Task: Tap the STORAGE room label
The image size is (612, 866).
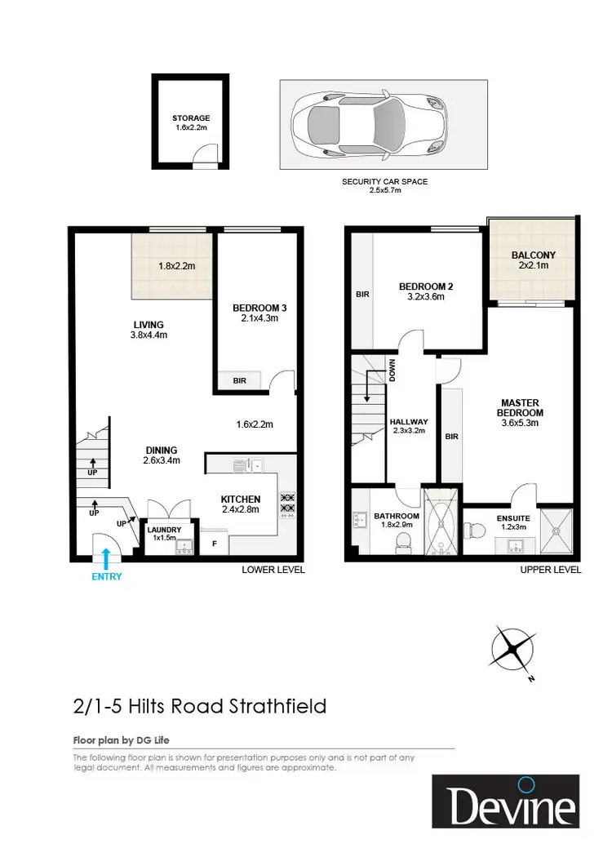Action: (191, 118)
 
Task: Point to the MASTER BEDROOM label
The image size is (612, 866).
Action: (522, 407)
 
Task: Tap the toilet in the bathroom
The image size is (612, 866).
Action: (401, 542)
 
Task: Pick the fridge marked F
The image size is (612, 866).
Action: (214, 542)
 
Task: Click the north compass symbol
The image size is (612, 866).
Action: (513, 651)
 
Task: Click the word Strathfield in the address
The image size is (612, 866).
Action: (277, 705)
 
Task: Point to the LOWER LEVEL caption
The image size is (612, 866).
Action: (273, 570)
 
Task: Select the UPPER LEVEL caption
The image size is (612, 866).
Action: (551, 570)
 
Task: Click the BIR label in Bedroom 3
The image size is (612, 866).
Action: (240, 380)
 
